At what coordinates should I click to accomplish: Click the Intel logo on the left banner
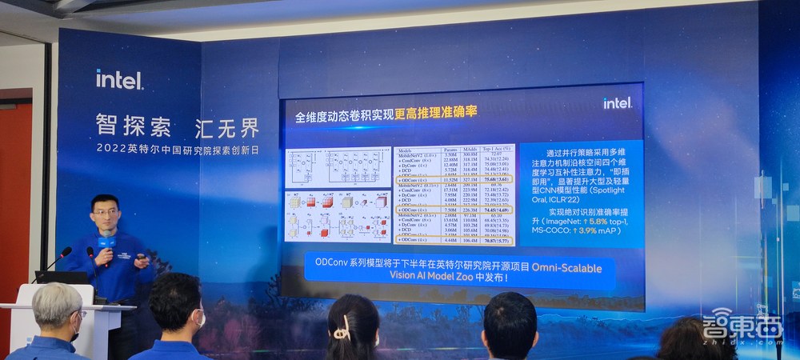[120, 78]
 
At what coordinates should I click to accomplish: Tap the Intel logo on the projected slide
[617, 103]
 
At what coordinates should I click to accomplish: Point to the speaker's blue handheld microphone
[106, 243]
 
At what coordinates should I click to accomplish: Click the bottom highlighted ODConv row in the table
[456, 238]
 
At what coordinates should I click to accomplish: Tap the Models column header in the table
[409, 150]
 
